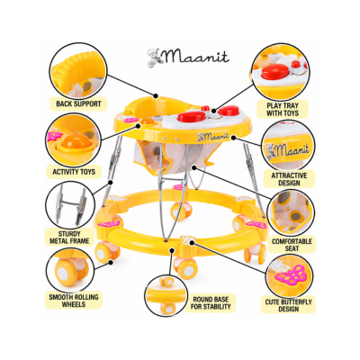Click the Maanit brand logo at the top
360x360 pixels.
[188, 57]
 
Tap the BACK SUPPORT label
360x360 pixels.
[78, 104]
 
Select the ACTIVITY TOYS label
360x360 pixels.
[74, 172]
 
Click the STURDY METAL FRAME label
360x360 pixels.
[69, 238]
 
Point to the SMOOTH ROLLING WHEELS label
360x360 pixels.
[74, 301]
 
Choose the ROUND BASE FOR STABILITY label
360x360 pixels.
[211, 303]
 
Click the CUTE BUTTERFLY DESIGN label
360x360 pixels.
[288, 305]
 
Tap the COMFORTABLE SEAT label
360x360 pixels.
[292, 245]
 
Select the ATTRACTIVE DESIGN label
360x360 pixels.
[289, 179]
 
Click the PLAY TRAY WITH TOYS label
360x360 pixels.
[283, 110]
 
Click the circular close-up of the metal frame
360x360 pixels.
[70, 204]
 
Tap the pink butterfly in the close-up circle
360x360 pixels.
[291, 274]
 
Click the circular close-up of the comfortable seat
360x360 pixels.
[291, 211]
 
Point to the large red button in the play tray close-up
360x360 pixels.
[274, 72]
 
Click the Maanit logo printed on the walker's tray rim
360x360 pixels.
[214, 137]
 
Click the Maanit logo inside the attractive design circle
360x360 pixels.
[287, 148]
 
